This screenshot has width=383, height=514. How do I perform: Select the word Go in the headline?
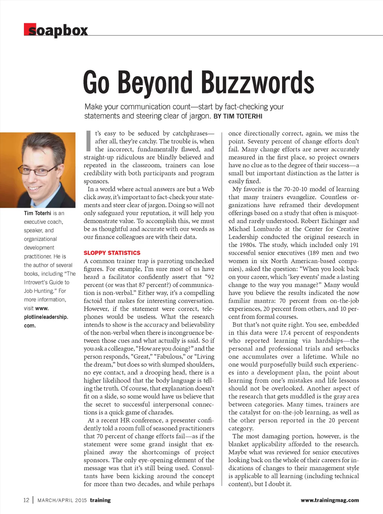coord(96,83)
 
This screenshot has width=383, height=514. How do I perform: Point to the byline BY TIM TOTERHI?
coord(238,116)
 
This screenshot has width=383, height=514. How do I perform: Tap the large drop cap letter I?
coord(88,141)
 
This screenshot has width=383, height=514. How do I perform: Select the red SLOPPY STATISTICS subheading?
coord(112,253)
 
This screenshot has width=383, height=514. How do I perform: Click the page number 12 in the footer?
coord(26,500)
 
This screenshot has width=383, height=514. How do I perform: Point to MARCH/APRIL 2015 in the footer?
coord(62,500)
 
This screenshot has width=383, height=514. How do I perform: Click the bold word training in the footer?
coord(100,500)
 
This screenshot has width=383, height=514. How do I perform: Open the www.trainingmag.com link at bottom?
coord(330,500)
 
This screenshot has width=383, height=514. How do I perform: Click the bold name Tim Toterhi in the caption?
coord(37,213)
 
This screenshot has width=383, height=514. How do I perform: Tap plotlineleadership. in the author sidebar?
coord(46,317)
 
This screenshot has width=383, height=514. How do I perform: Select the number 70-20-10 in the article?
coord(297,189)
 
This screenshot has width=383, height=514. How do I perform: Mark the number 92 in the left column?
coord(211,277)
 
